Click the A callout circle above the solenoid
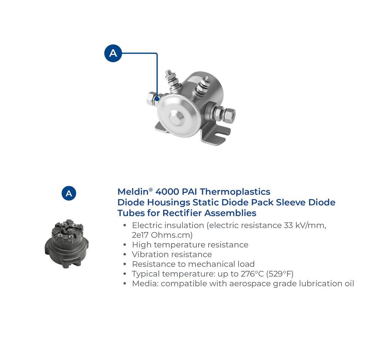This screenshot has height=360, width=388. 113,53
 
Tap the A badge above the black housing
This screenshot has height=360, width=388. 69,193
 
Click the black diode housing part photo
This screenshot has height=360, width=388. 67,244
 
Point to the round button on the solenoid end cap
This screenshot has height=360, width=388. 177,118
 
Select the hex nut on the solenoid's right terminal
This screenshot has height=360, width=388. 229,115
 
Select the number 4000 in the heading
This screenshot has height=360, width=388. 167,192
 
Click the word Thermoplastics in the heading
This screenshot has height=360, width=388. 235,192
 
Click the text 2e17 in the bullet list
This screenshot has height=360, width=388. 140,235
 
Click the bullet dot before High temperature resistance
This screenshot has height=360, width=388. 125,245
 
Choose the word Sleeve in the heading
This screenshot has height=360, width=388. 291,202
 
